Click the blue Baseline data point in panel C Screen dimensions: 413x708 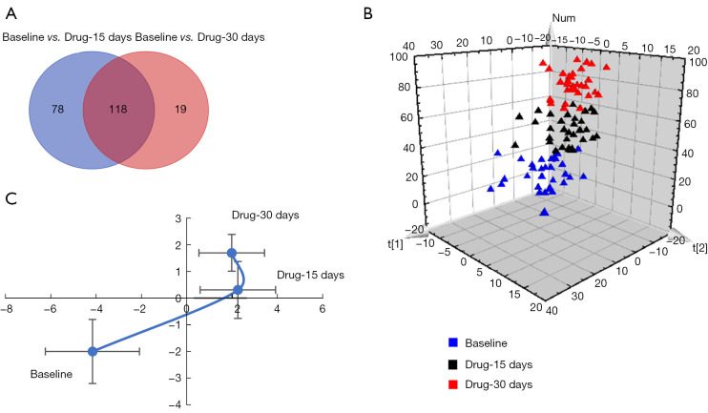[x=93, y=351]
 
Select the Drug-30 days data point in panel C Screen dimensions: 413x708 [x=231, y=253]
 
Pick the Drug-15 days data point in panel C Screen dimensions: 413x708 [x=238, y=289]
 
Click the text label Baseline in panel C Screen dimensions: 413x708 [x=52, y=375]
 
